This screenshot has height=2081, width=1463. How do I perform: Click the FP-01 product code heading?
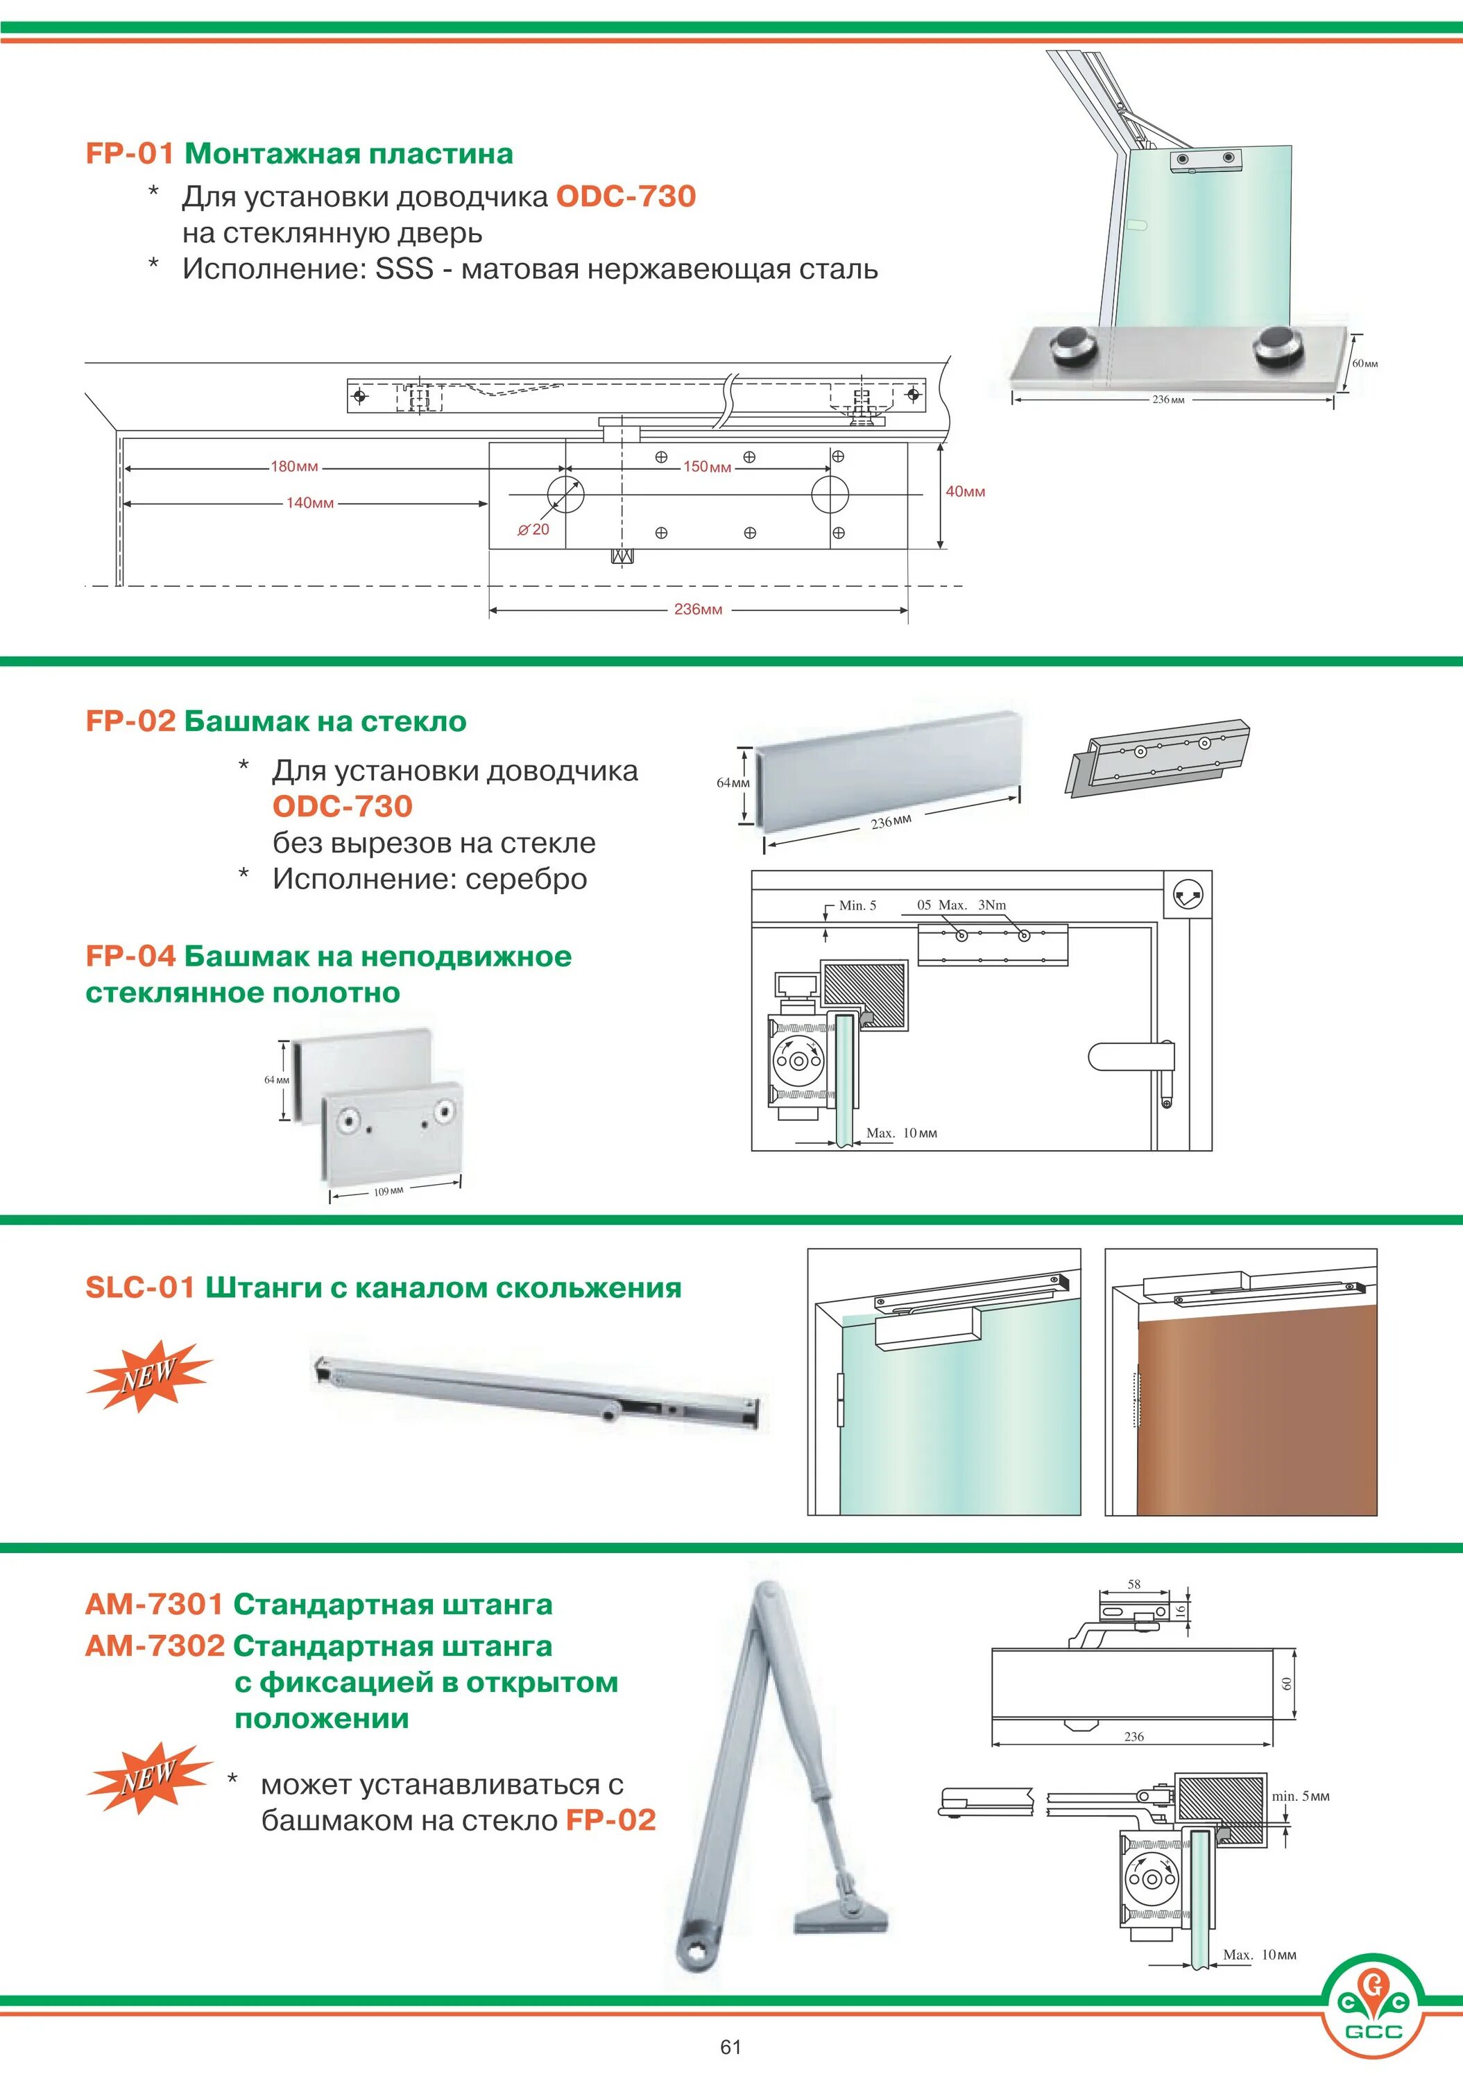(x=129, y=153)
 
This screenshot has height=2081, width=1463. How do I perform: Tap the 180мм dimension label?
(x=295, y=467)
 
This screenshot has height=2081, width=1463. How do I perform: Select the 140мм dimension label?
(x=310, y=503)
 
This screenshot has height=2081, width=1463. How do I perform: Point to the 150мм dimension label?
(x=707, y=467)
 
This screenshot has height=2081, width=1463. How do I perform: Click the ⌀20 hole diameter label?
(x=534, y=529)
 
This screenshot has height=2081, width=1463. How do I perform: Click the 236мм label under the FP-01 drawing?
(x=698, y=609)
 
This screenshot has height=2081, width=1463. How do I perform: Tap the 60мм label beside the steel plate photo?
(x=1364, y=363)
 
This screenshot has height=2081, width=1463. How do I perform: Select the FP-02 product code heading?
(x=130, y=721)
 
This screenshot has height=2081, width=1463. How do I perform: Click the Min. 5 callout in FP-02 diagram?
(x=857, y=905)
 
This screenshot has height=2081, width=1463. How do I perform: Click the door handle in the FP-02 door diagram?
(x=1133, y=1057)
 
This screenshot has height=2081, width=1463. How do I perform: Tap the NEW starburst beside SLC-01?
(x=150, y=1376)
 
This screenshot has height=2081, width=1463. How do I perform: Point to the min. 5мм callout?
(x=1300, y=1797)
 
